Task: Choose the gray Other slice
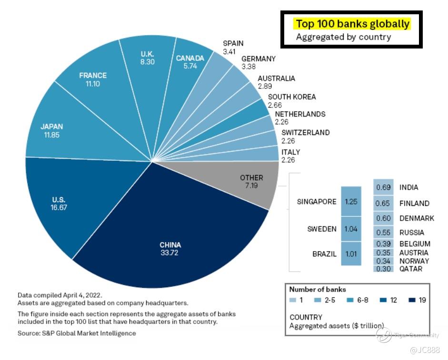[251, 182]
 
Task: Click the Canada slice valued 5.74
[190, 62]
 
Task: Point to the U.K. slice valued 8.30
[147, 57]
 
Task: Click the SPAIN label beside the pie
[233, 43]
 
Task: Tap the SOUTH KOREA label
[291, 97]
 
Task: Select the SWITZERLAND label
[305, 133]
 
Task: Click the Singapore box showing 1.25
[351, 201]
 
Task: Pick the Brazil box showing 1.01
[351, 253]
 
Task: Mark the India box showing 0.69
[383, 187]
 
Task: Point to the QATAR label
[411, 269]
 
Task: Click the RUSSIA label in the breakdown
[411, 233]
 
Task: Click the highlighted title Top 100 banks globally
[352, 23]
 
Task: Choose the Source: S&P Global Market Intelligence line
[77, 333]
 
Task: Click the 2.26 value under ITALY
[288, 160]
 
